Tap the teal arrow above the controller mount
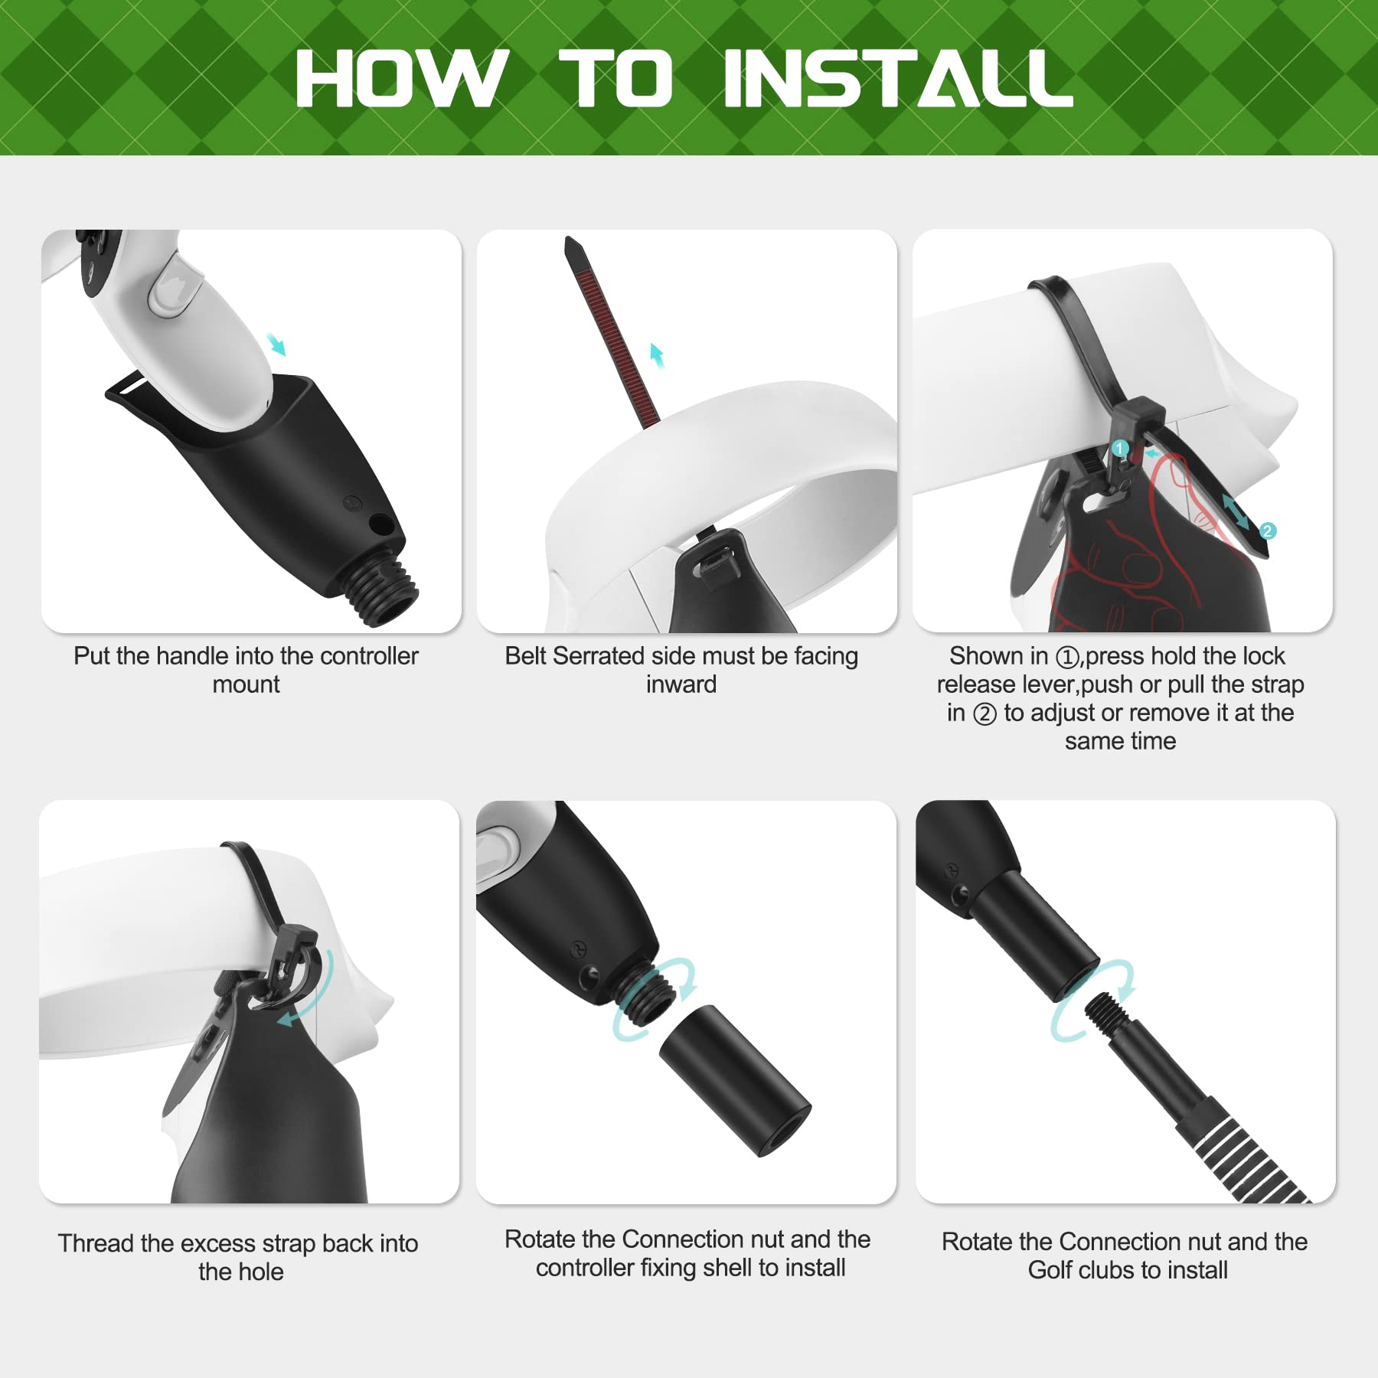click(276, 344)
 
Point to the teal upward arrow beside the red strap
click(656, 355)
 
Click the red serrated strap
click(611, 330)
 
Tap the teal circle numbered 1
click(1120, 449)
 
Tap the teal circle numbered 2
click(1267, 531)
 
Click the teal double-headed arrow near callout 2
click(1235, 511)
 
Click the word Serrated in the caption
click(598, 656)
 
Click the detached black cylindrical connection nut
click(734, 1080)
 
